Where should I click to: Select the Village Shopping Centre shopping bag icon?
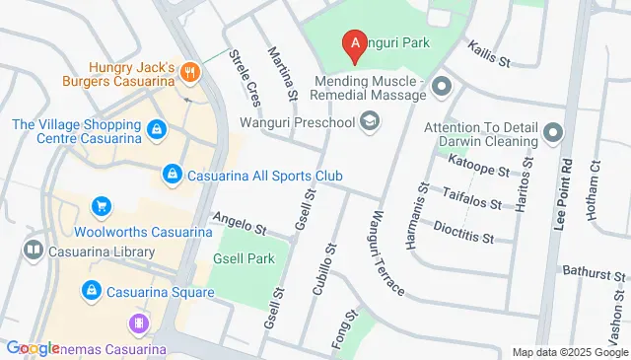[x=156, y=129]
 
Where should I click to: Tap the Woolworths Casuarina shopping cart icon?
[x=100, y=206]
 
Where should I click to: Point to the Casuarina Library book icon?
[x=34, y=252]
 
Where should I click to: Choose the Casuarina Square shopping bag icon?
[x=91, y=291]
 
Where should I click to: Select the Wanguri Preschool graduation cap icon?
[x=370, y=121]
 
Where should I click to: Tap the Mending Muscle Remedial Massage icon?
[x=441, y=89]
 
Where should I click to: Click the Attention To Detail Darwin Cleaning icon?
[x=552, y=132]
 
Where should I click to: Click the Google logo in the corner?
[x=33, y=347]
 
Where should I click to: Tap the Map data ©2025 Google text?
[x=569, y=352]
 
